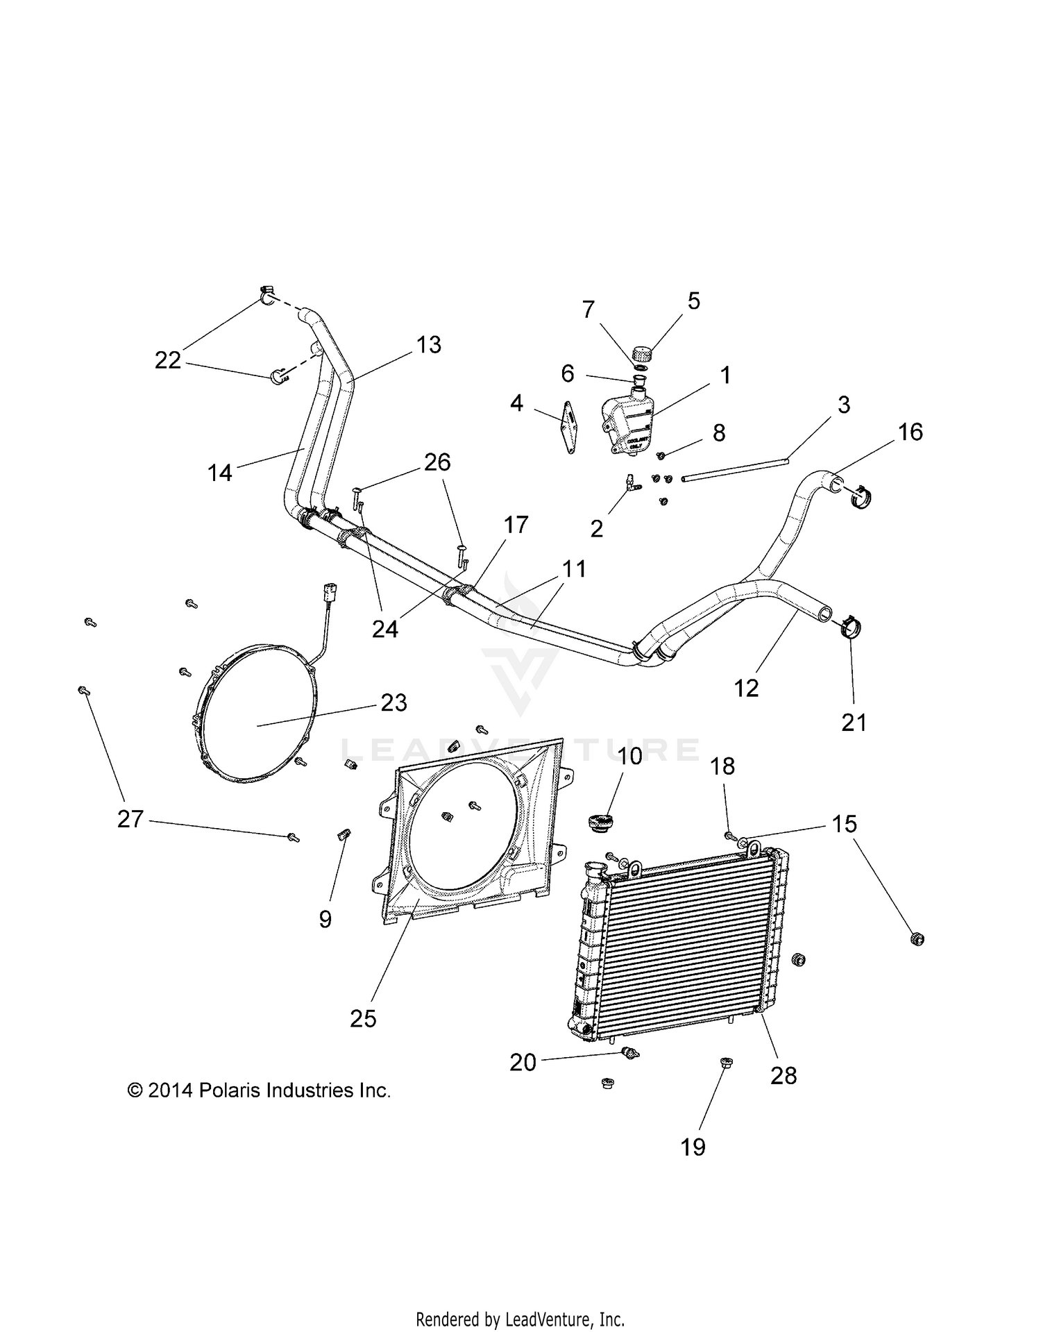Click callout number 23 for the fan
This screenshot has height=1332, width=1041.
tap(393, 702)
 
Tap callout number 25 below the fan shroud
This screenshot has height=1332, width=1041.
tap(363, 1019)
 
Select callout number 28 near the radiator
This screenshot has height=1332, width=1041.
tap(784, 1075)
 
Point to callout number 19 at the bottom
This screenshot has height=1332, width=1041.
tap(693, 1147)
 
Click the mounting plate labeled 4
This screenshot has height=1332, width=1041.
tap(570, 428)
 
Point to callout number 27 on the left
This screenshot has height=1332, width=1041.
tap(130, 820)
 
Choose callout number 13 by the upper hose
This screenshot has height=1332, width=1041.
tap(429, 345)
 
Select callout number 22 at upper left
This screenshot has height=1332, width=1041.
tap(167, 360)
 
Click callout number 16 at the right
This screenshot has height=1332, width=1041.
tap(910, 432)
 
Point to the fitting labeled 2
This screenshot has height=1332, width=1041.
tap(632, 484)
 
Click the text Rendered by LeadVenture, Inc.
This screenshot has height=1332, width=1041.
tap(520, 1319)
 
